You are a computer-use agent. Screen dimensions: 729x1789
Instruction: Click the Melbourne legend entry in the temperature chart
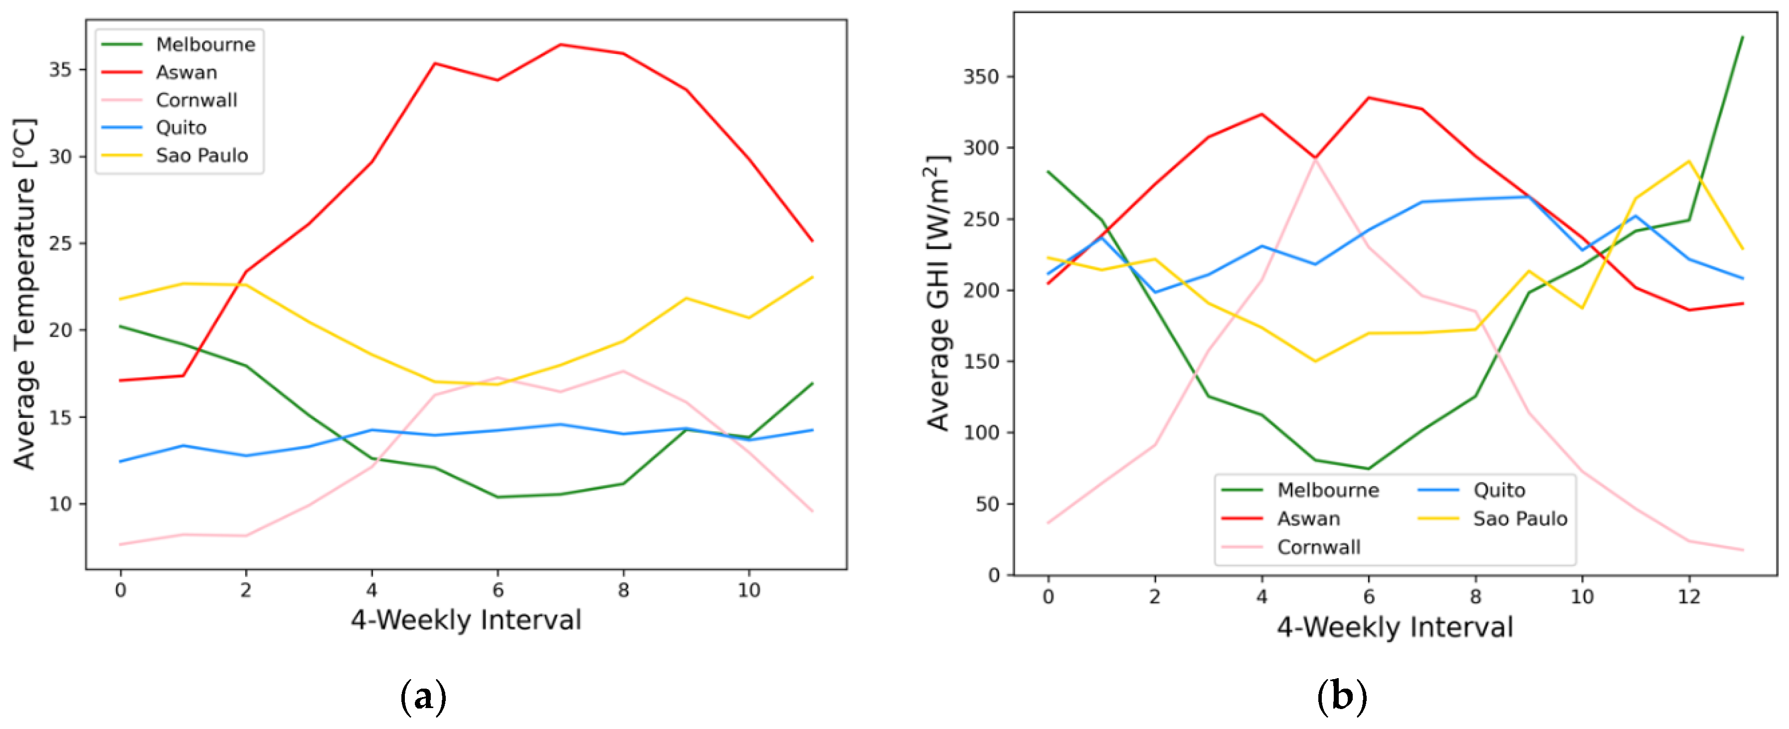tap(205, 44)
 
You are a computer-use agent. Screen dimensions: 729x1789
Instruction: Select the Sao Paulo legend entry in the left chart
tap(201, 156)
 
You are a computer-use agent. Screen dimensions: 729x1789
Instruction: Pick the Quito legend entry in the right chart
tap(1499, 490)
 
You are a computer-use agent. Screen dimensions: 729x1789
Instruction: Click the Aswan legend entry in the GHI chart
tap(1308, 519)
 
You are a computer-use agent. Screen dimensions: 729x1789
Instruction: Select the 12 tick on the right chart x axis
tap(1689, 596)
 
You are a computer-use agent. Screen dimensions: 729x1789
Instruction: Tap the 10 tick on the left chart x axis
tap(749, 590)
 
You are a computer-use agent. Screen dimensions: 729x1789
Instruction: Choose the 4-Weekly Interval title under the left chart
tap(465, 620)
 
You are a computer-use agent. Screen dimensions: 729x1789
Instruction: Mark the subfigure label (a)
tap(423, 697)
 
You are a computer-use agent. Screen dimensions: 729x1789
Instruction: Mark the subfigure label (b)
tap(1342, 697)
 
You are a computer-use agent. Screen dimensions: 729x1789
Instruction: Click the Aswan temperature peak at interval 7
tap(560, 44)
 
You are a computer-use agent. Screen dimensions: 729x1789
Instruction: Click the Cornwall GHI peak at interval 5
tap(1315, 159)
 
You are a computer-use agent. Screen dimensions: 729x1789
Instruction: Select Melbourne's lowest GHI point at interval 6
tap(1369, 469)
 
